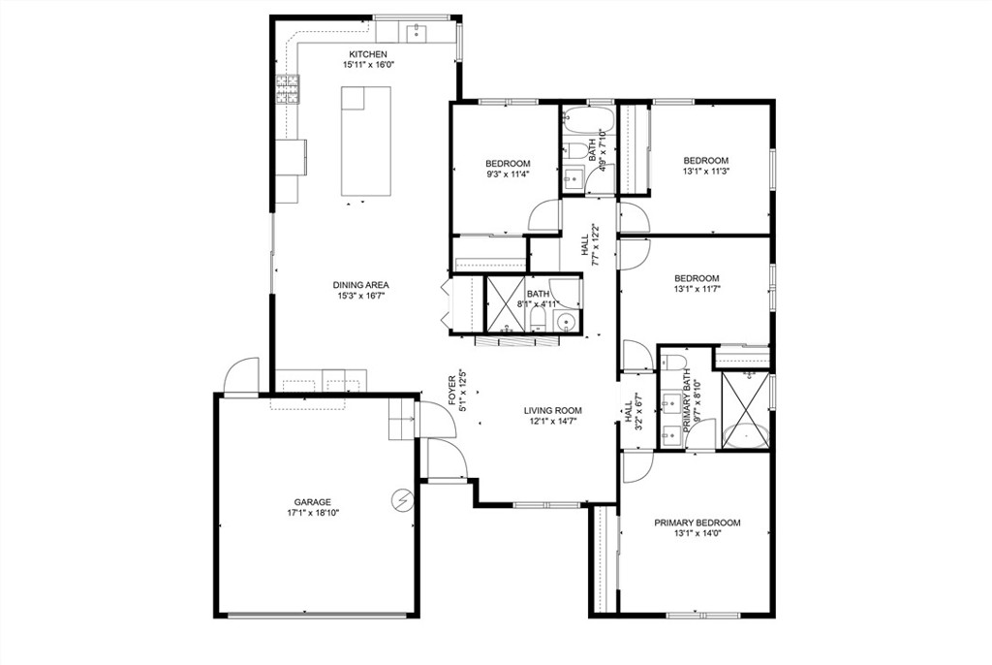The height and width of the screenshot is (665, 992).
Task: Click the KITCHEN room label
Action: point(367,54)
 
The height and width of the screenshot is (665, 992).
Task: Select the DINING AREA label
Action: point(360,285)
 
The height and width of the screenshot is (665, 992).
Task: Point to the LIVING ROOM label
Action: point(552,410)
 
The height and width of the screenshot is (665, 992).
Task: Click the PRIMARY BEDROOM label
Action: point(697,522)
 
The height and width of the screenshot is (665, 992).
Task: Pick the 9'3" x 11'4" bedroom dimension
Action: point(508,174)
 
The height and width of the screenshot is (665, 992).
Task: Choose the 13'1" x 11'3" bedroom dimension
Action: point(705,171)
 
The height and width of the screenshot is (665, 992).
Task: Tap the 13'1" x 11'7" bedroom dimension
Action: point(697,288)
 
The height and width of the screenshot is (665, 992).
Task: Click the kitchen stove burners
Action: point(288,89)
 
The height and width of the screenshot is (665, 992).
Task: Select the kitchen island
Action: point(365,141)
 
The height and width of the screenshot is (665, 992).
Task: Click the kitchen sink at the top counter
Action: point(417,31)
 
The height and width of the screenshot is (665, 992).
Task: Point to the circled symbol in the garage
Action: point(401,500)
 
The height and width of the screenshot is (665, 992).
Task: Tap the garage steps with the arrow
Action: point(402,420)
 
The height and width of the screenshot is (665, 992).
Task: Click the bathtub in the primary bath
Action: point(746,437)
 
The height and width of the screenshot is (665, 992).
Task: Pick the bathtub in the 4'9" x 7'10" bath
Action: point(588,120)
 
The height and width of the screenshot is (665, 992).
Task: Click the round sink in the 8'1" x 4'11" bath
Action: point(565,323)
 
